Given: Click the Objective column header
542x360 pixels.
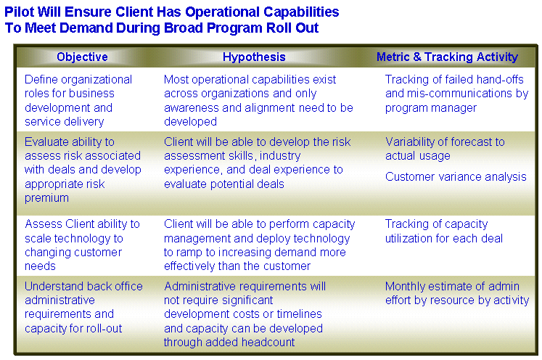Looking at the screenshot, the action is pos(82,57).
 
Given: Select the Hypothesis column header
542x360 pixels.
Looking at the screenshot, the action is pos(254,57).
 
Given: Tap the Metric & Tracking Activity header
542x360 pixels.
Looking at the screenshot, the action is pos(447,57).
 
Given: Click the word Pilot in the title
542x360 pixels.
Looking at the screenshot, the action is pos(19,12).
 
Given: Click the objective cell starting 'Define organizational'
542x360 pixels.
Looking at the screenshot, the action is pos(78,100).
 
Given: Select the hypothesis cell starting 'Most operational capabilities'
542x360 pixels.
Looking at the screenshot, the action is pos(258,100).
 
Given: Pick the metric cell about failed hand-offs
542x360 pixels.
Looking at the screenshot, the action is pos(456,94).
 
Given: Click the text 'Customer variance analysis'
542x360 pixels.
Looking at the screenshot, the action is pos(456,176).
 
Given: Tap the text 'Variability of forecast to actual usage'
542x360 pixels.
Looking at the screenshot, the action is pos(445,149).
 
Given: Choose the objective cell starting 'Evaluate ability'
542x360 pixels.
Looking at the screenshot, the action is pos(83,170).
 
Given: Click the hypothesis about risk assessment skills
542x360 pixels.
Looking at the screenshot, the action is pos(257,163).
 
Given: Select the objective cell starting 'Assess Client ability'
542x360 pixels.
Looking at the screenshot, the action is pos(82,245).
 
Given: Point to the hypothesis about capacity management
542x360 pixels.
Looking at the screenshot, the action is pos(259,245).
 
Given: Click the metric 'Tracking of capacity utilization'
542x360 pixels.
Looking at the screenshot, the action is pos(444,231).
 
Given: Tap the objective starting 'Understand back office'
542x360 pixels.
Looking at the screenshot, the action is pos(83,307).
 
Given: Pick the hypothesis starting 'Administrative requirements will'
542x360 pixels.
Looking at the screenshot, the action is pos(245,314).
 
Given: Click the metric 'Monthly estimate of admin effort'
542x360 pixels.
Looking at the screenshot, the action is pos(457,293).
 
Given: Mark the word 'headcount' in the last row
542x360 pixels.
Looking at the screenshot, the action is pos(268,342).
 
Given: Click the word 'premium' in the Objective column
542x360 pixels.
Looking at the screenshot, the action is pos(46,198).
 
